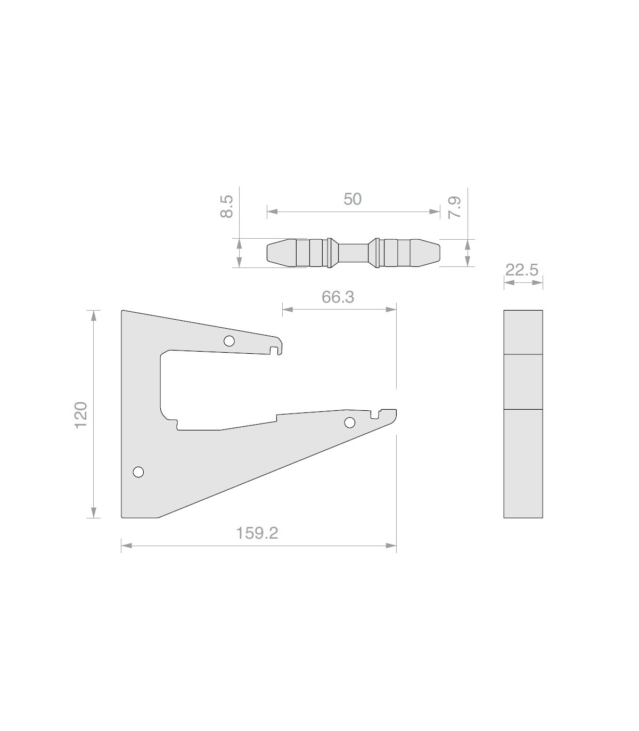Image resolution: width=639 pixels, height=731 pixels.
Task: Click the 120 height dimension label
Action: (81, 415)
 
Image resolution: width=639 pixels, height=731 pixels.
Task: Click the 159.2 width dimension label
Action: (257, 533)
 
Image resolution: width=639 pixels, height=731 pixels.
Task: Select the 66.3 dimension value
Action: (338, 297)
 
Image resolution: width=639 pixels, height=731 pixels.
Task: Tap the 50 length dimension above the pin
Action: (353, 199)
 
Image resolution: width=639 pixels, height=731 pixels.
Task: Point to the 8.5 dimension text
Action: (227, 207)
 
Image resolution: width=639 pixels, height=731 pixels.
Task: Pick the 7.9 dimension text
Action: (454, 207)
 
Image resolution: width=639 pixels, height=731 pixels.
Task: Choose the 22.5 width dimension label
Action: (521, 270)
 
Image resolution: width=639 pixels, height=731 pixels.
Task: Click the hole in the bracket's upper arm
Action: (229, 341)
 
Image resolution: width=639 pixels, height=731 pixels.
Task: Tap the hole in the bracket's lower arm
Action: (350, 423)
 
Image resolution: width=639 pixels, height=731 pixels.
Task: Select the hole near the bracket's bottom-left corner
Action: (138, 472)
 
